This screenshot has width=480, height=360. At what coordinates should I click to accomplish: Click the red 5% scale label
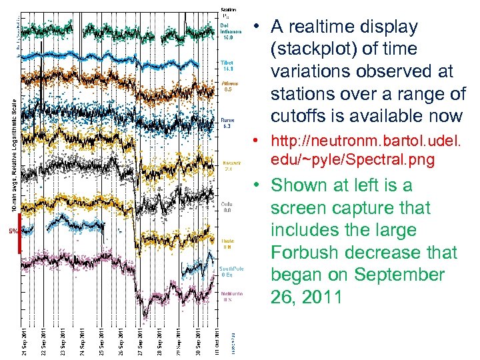click(12, 232)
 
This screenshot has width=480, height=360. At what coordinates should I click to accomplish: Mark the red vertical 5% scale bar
click(19, 234)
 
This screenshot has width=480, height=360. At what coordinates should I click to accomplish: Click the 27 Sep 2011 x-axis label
click(140, 341)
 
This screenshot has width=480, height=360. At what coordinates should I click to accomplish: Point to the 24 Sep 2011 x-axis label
click(81, 341)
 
